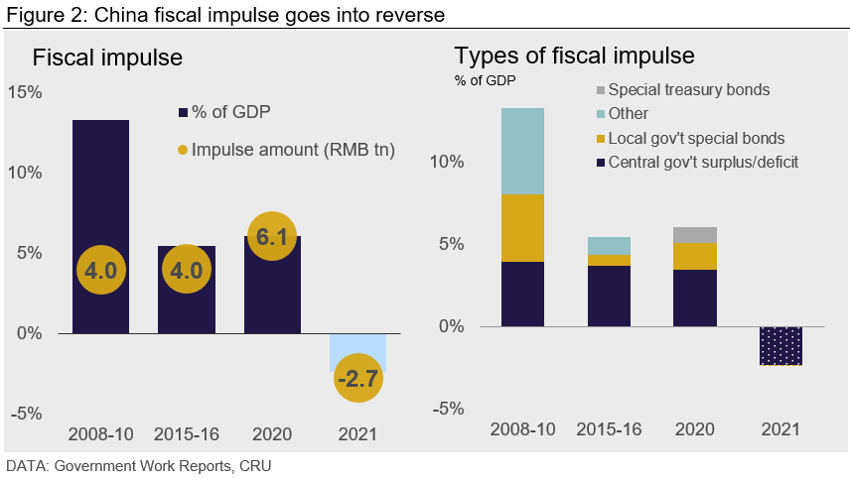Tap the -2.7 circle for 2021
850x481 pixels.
(357, 378)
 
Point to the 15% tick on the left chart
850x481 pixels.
(24, 92)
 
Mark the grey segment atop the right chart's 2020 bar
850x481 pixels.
(695, 235)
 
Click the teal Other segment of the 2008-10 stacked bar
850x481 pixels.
(523, 151)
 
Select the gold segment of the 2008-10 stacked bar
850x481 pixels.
(523, 227)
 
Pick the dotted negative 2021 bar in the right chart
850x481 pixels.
(779, 345)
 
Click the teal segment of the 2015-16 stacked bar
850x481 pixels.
(610, 245)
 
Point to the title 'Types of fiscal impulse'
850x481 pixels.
(574, 56)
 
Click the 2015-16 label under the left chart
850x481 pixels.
(186, 434)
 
